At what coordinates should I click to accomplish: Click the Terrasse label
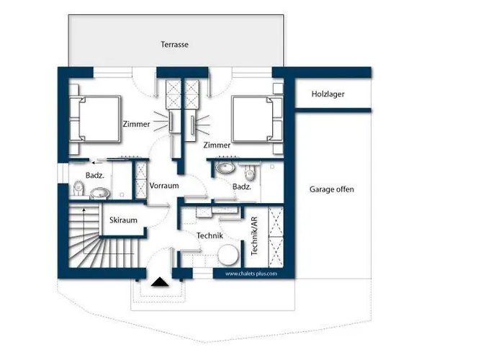pos(174,45)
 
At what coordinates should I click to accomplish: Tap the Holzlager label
pos(328,94)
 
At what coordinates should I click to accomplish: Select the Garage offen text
pos(332,189)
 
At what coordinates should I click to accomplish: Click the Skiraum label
pos(123,220)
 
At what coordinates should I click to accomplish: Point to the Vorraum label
pos(164,186)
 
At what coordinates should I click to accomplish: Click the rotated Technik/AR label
pos(254,236)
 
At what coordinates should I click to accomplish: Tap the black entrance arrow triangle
pos(160,282)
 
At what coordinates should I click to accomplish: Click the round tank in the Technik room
pos(228,255)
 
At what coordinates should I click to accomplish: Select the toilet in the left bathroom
pos(78,189)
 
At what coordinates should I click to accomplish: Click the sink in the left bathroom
pos(99,193)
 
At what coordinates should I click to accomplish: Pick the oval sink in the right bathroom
pos(225,168)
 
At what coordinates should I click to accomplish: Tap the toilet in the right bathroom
pos(250,172)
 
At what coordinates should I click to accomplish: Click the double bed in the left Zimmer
pos(95,119)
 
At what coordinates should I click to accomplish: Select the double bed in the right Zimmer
pos(257,119)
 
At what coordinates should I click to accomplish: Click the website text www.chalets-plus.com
pos(251,274)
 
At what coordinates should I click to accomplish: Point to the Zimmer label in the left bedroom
pos(136,124)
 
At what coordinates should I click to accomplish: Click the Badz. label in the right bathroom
pos(242,186)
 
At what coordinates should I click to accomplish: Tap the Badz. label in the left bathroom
pos(95,176)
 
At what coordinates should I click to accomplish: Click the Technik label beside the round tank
pos(210,235)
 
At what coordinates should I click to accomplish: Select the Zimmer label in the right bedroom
pos(217,145)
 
